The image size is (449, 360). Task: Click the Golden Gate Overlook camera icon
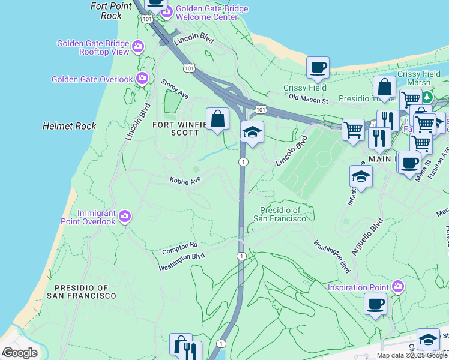(142, 78)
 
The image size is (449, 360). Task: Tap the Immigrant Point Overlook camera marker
(124, 217)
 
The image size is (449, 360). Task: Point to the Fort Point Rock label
(110, 11)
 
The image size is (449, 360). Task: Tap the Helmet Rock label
(69, 126)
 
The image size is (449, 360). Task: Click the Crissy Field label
(305, 88)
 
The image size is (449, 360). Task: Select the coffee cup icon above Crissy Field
(318, 68)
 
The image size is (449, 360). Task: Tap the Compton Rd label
(179, 247)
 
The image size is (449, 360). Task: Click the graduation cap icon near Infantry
(361, 176)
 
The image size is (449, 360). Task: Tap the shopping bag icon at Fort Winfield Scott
(217, 119)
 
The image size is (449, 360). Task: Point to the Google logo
(20, 353)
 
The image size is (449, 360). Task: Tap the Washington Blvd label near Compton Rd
(182, 256)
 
